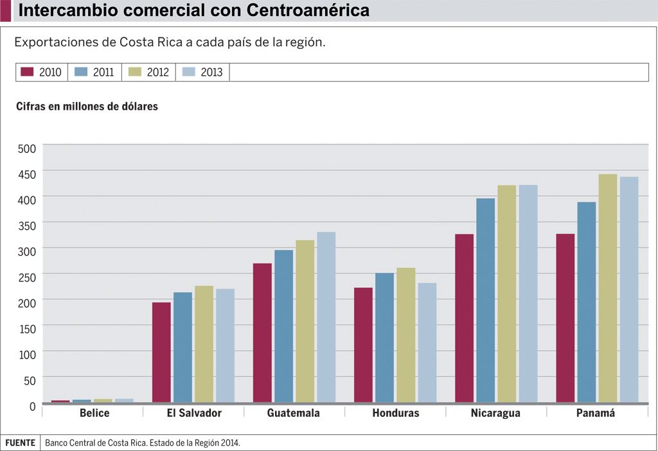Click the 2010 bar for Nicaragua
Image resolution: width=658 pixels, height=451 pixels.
[x=464, y=318]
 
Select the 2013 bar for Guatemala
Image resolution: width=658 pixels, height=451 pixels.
[x=326, y=317]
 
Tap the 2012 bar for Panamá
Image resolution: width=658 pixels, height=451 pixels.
[x=607, y=288]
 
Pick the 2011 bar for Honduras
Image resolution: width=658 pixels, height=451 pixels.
[x=384, y=338]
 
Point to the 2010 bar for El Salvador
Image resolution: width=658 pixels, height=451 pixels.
[x=161, y=352]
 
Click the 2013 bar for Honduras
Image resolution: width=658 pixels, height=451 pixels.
[x=427, y=342]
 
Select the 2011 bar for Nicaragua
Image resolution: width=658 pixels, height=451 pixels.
[x=485, y=300]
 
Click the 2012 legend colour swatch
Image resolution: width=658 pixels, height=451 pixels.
[x=136, y=72]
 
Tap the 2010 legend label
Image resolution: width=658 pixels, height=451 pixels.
[x=50, y=73]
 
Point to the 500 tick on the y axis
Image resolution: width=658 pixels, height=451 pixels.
[x=26, y=149]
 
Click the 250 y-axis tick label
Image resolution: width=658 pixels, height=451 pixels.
[x=26, y=278]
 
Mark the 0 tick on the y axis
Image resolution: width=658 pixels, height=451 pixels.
[x=31, y=406]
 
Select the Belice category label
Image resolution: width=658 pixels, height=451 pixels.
[x=94, y=413]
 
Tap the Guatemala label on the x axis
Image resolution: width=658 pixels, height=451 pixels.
[x=293, y=413]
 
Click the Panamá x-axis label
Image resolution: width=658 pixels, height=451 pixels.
[x=596, y=413]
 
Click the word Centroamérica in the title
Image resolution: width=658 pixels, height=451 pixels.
[x=308, y=11]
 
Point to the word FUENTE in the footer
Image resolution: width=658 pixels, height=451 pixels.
[x=21, y=443]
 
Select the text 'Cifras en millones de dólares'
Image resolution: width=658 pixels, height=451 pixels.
[x=87, y=107]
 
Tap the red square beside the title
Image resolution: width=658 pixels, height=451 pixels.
[x=5, y=11]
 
